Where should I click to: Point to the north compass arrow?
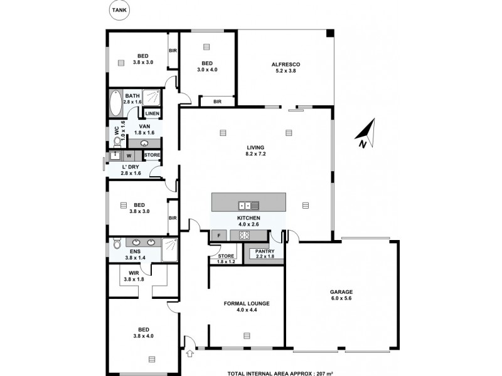[x=363, y=133]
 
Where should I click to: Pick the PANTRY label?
[x=261, y=251]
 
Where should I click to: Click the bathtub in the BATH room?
[x=116, y=103]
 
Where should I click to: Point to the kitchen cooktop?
[x=244, y=236]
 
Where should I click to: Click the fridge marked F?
[x=218, y=236]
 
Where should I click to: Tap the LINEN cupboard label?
[x=152, y=113]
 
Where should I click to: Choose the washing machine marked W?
[x=129, y=155]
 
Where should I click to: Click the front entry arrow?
[x=190, y=355]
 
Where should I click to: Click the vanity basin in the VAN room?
[x=144, y=143]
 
